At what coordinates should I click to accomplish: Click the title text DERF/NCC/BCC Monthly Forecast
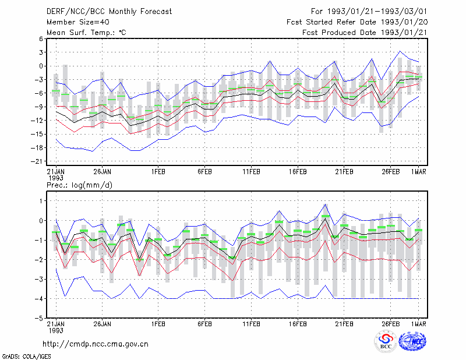[x=109, y=12]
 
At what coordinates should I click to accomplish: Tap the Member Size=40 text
[x=78, y=22]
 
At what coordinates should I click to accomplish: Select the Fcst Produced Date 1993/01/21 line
[x=365, y=33]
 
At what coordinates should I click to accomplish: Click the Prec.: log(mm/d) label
[x=79, y=185]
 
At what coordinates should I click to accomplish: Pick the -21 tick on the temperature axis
[x=37, y=161]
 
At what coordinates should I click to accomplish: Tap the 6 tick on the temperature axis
[x=41, y=38]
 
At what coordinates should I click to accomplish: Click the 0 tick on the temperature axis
[x=41, y=66]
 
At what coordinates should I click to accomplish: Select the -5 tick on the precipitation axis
[x=38, y=318]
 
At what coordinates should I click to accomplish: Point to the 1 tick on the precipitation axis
[x=41, y=201]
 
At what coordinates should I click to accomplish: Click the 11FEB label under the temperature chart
[x=251, y=172]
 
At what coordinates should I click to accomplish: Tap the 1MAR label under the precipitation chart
[x=418, y=324]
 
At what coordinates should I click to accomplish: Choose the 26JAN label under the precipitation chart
[x=103, y=324]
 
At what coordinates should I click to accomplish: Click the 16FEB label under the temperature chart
[x=298, y=172]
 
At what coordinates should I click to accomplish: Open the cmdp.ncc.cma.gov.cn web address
[x=96, y=344]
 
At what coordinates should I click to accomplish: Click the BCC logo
[x=386, y=341]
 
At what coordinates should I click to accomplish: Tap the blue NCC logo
[x=412, y=341]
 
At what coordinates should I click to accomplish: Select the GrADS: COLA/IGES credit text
[x=26, y=357]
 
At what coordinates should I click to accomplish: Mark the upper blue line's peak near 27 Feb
[x=400, y=51]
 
